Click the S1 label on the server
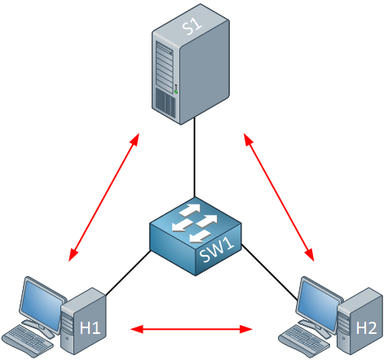(x=192, y=26)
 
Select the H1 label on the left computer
(x=90, y=328)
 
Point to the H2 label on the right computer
(x=366, y=328)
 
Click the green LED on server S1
(x=176, y=92)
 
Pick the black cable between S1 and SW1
(x=195, y=157)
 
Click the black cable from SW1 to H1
(x=128, y=273)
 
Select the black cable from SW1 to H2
(x=270, y=272)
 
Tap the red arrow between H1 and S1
(x=104, y=197)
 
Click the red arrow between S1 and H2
(x=279, y=197)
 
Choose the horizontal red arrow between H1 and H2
(x=192, y=329)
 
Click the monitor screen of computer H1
(x=42, y=305)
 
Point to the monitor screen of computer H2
(x=319, y=305)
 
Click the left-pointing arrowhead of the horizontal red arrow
(x=136, y=329)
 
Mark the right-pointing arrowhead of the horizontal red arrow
(x=246, y=329)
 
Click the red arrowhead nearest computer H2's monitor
(x=310, y=254)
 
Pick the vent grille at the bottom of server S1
(x=165, y=103)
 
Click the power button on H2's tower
(x=344, y=338)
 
